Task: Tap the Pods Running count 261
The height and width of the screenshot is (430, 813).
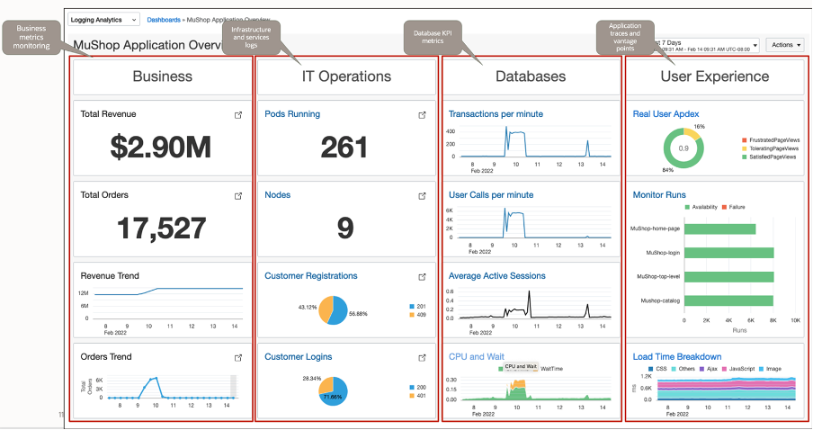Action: (344, 146)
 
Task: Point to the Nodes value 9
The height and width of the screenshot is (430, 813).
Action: (345, 228)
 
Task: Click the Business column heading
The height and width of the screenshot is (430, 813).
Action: (163, 77)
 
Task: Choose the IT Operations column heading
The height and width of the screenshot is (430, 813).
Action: (346, 77)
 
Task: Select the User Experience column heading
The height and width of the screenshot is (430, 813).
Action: (715, 77)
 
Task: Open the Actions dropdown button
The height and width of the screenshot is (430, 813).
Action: (785, 44)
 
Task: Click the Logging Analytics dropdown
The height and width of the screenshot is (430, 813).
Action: (104, 19)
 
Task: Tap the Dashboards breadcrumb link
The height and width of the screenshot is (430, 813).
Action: (164, 19)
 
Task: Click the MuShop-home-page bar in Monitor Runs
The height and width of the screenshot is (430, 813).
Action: (719, 228)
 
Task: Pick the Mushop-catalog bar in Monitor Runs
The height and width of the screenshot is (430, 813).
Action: (728, 300)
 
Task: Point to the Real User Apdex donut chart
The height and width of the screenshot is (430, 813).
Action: (683, 148)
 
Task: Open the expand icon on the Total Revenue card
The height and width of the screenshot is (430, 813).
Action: (238, 115)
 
